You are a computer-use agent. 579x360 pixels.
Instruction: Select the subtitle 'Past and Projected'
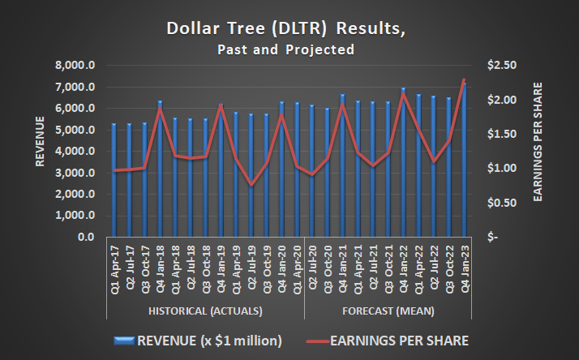(x=285, y=49)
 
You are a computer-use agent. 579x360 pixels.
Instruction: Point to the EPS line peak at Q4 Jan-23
(x=464, y=80)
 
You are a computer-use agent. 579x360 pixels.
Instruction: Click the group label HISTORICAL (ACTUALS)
(x=205, y=311)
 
